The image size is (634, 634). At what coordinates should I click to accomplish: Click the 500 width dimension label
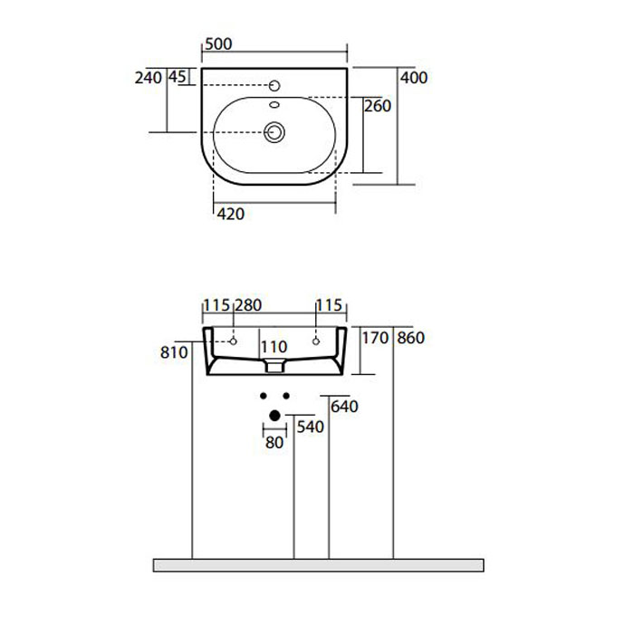(x=218, y=43)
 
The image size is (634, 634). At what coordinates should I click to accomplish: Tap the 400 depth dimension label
(x=414, y=78)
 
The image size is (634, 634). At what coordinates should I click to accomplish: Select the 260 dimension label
(x=378, y=106)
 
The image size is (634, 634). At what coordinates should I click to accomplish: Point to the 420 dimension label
(x=231, y=214)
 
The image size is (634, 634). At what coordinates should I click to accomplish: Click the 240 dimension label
(x=149, y=78)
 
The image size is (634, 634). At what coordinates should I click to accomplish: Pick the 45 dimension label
(x=178, y=76)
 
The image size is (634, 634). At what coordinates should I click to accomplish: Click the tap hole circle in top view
(x=274, y=86)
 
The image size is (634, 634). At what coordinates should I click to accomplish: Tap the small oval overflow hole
(x=274, y=105)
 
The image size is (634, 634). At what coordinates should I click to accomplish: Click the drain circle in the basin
(x=274, y=132)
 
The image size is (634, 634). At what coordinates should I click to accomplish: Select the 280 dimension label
(x=248, y=305)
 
